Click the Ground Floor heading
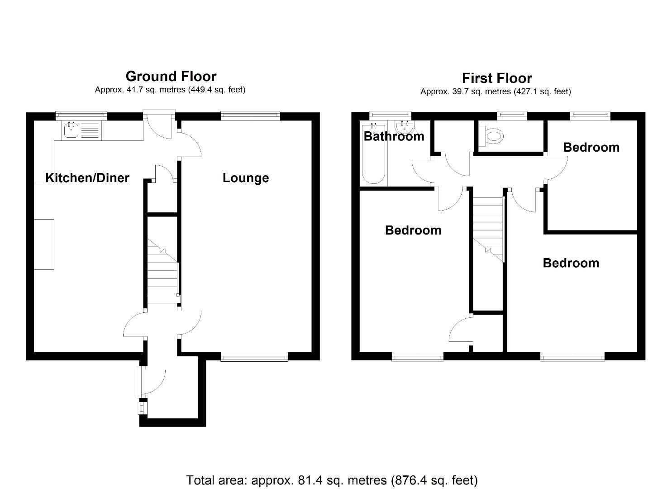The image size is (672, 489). tap(171, 76)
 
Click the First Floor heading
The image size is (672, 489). tap(496, 78)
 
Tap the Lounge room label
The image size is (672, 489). tap(245, 178)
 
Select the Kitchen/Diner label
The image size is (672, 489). tap(87, 178)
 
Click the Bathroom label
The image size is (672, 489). tap(394, 136)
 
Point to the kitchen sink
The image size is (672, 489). tap(71, 131)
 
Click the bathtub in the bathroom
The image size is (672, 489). tap(373, 163)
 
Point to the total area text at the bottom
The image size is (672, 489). tap(332, 480)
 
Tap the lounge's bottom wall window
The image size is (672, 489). tap(254, 357)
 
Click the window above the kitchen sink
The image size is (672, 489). tap(81, 116)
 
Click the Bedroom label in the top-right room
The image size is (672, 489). tap(591, 147)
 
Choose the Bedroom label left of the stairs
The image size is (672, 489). tap(413, 230)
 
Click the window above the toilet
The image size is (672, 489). tap(512, 116)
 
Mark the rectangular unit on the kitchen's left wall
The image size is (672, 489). tap(44, 244)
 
